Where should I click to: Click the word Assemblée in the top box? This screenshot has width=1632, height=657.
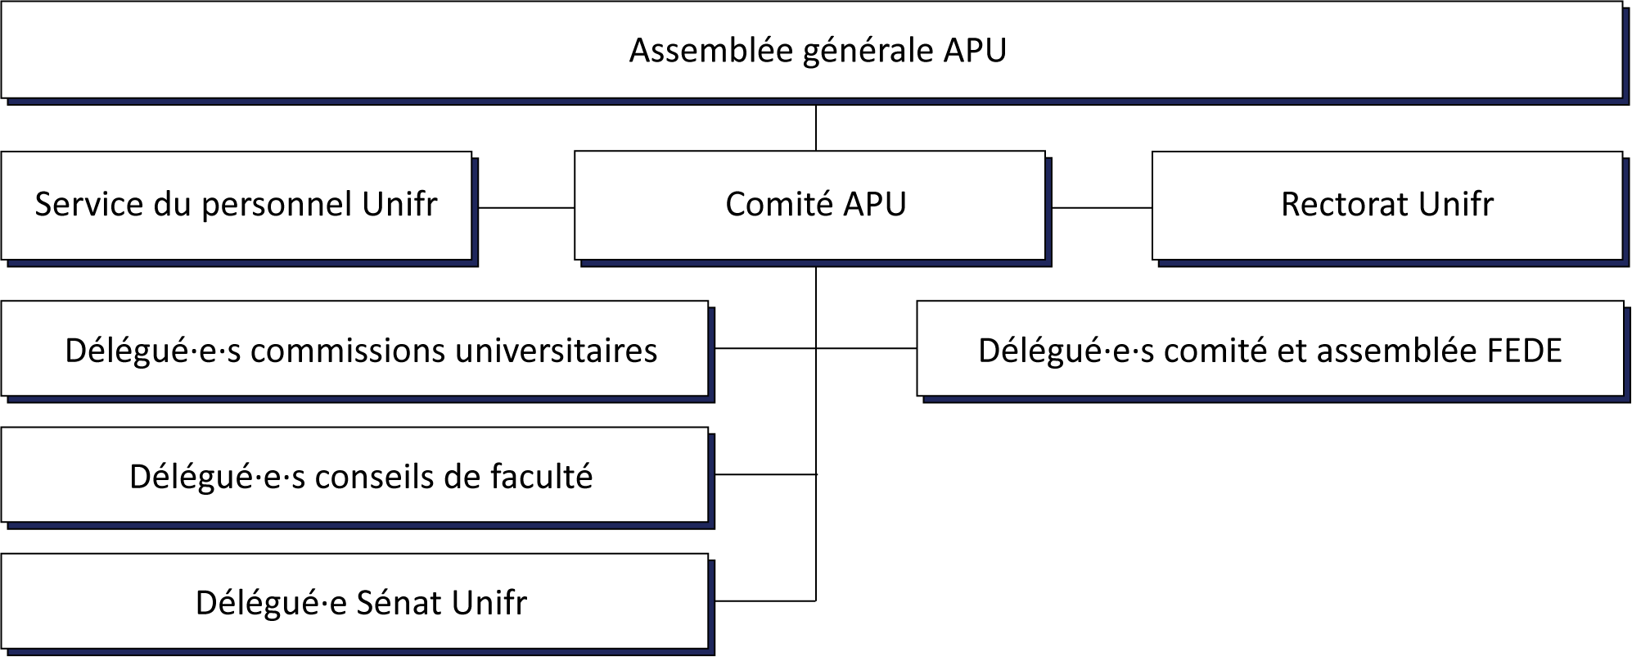711,50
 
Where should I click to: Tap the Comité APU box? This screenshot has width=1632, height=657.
809,205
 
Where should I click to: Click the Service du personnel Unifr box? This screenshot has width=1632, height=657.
237,205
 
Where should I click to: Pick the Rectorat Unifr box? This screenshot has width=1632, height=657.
1387,205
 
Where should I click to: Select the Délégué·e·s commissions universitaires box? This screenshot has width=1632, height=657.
354,349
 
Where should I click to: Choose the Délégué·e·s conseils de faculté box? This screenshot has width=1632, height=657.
354,475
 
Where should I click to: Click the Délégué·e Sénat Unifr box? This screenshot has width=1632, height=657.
354,601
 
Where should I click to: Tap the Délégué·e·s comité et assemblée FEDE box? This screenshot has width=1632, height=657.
1270,349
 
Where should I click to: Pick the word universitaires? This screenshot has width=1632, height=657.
556,351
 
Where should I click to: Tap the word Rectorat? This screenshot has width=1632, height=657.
1345,205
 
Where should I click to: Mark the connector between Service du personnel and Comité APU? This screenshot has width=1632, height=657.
526,208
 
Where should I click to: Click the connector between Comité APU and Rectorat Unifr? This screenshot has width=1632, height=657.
1102,208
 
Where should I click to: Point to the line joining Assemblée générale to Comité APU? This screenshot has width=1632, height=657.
816,128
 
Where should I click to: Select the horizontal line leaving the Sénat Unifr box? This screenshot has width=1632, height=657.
765,600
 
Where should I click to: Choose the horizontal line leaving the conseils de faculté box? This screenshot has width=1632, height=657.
766,474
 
